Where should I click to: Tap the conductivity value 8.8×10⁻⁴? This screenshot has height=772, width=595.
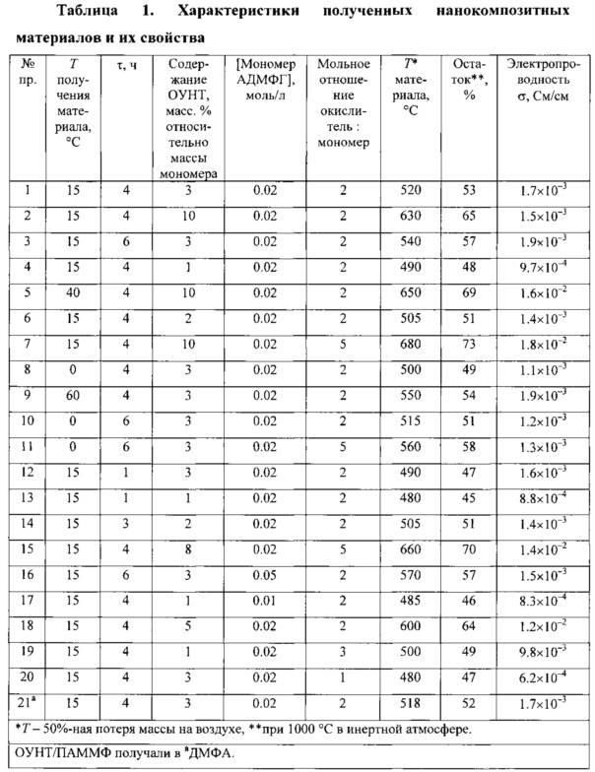(x=544, y=497)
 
